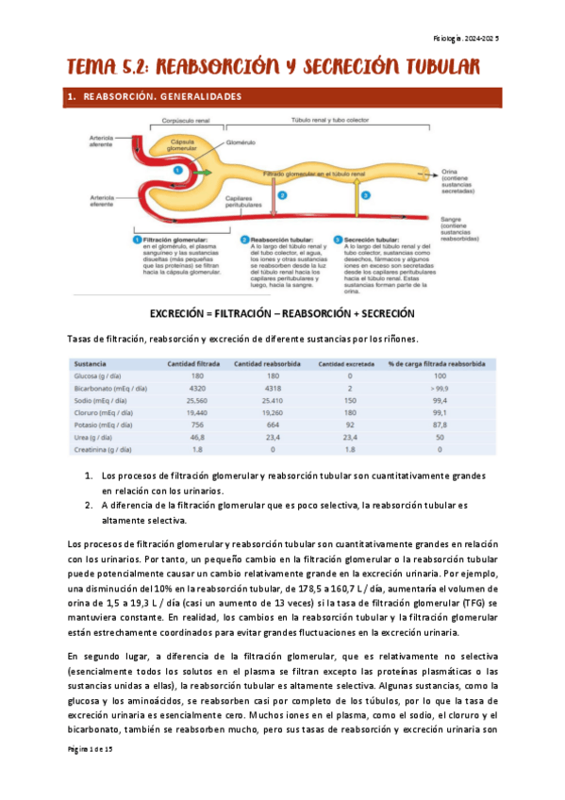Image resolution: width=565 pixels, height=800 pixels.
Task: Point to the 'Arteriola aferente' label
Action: point(101,140)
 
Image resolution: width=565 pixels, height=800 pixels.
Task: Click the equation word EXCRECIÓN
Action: point(180,312)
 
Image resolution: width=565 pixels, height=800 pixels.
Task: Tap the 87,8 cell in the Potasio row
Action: point(439,425)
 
